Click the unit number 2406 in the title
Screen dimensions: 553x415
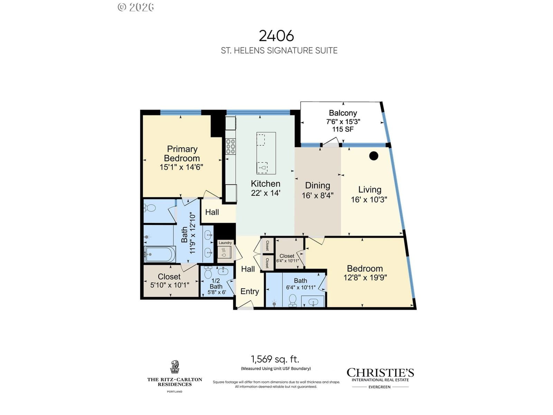tap(276, 36)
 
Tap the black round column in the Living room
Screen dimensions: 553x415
tap(374, 156)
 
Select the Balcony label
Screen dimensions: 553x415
tap(343, 113)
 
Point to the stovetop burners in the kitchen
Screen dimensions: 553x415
tap(231, 146)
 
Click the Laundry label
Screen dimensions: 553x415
tap(225, 243)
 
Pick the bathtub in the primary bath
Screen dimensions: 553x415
tap(160, 254)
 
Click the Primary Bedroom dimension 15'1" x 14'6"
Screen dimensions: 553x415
tap(181, 167)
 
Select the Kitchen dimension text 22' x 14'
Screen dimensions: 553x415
tap(265, 193)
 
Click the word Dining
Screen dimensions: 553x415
tap(317, 185)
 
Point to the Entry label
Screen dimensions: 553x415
tap(250, 292)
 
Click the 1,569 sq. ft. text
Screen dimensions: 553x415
tap(275, 359)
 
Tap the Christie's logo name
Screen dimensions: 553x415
tap(380, 373)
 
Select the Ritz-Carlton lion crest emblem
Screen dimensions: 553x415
tap(175, 367)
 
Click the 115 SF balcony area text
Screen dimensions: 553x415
tap(343, 129)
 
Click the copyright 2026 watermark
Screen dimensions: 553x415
tap(136, 7)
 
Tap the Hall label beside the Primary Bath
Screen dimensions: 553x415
tap(212, 212)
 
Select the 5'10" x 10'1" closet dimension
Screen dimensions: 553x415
tap(170, 285)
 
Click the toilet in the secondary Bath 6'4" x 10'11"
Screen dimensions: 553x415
tap(292, 300)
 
